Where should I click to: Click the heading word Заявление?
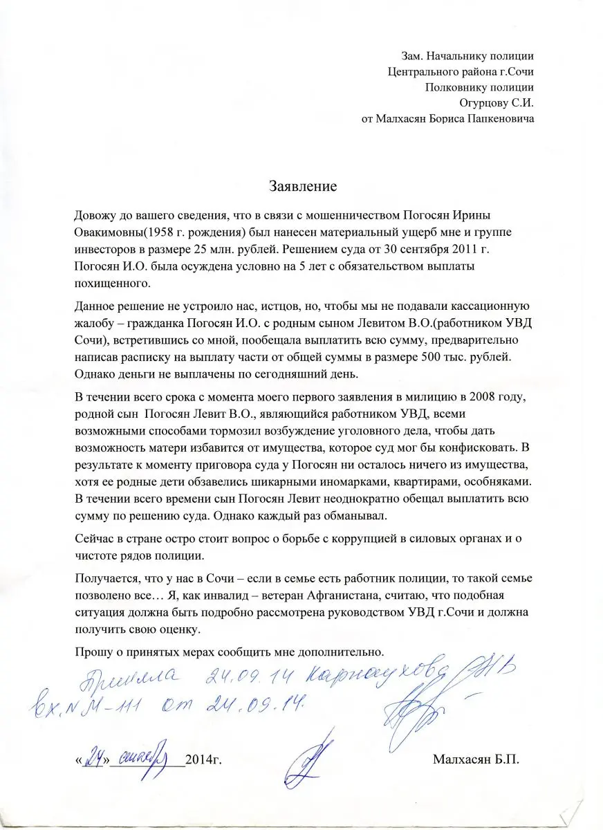tap(302, 186)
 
